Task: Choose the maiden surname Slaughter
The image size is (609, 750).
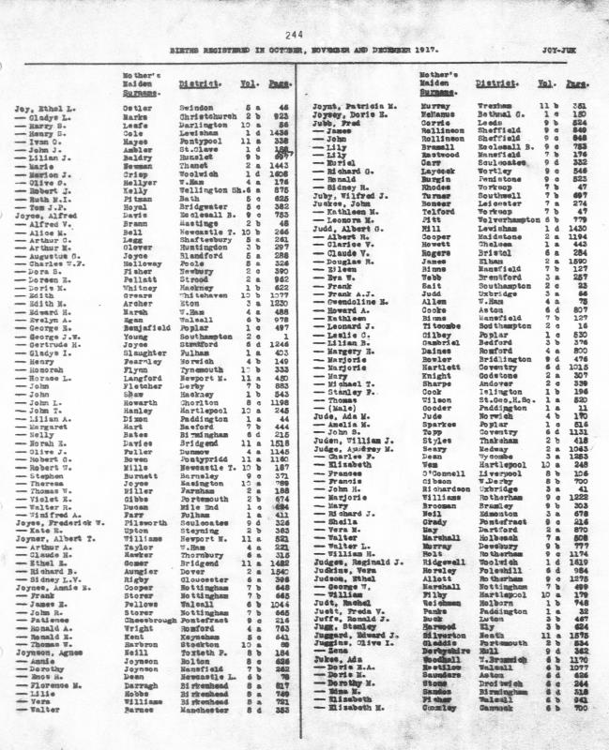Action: [141, 351]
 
